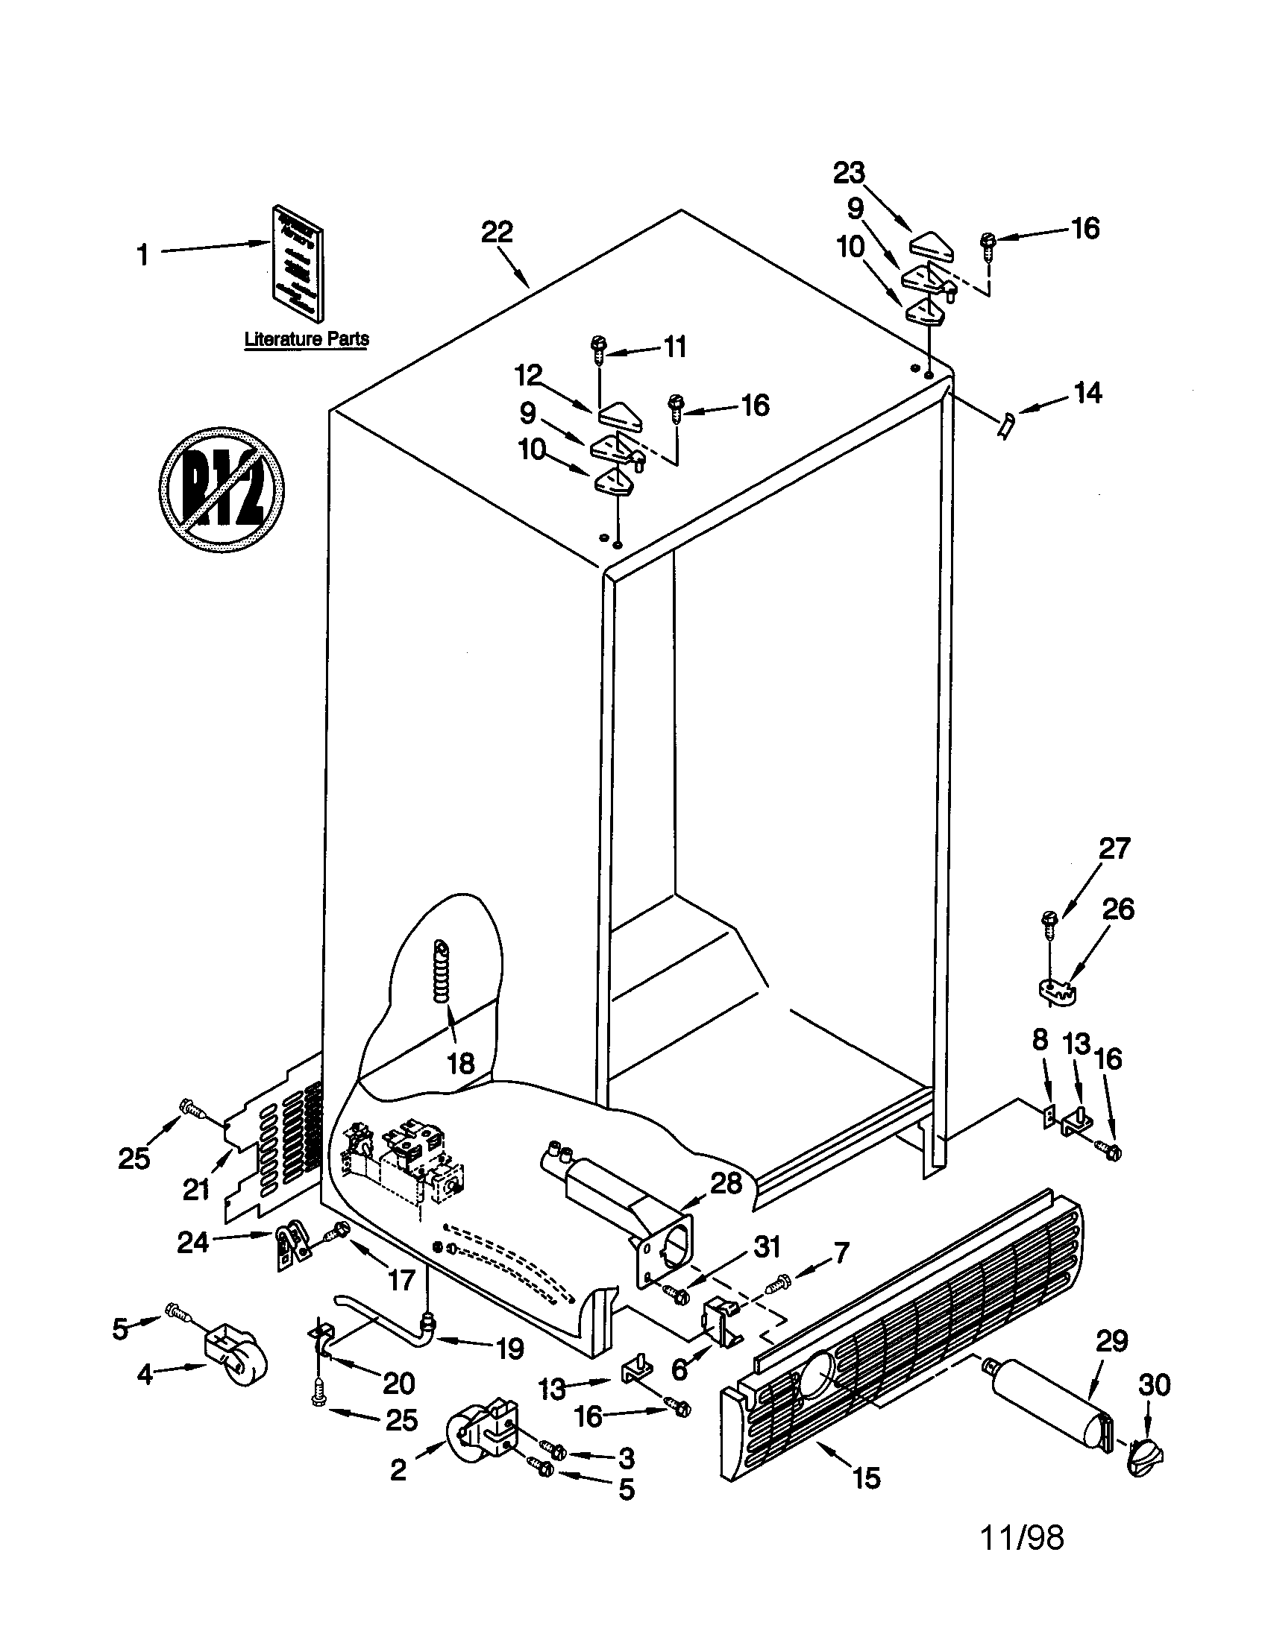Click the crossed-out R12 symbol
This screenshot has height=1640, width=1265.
coord(222,491)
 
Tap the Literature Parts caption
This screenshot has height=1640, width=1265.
coord(307,338)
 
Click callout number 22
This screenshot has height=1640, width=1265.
coord(497,232)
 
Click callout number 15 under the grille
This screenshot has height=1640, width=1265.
coord(867,1477)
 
